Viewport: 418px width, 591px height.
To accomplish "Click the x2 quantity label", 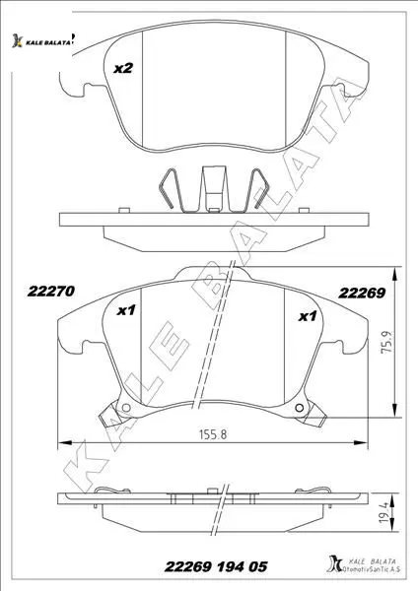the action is (123, 68).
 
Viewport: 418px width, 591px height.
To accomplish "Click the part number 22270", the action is (51, 292).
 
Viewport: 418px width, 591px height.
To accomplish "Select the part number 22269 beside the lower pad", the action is (362, 293).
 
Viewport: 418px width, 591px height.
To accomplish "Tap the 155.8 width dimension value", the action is (213, 434).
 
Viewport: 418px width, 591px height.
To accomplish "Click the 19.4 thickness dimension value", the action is (384, 512).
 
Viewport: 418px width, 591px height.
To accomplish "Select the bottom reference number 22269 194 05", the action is (216, 566).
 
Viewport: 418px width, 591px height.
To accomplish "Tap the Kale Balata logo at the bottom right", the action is (363, 565).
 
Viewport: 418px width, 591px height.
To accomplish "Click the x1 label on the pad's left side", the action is (126, 311).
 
